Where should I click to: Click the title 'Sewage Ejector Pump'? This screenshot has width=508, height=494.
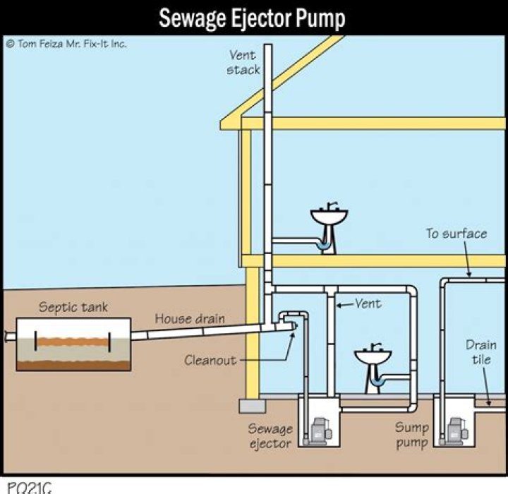[252, 18]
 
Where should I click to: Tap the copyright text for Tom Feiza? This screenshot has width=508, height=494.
[67, 43]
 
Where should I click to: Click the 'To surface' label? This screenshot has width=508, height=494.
[455, 234]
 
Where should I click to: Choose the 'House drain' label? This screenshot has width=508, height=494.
[189, 318]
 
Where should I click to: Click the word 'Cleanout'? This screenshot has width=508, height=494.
[210, 360]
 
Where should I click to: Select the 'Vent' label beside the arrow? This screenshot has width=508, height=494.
[368, 304]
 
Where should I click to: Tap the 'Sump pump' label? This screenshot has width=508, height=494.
[411, 435]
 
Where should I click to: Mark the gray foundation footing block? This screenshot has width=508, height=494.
[251, 406]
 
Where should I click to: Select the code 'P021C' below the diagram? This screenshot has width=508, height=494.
[27, 487]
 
